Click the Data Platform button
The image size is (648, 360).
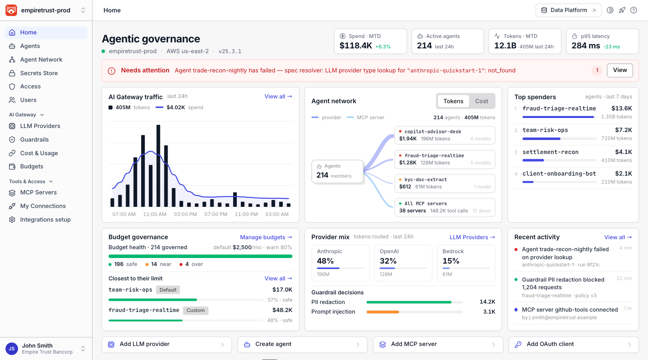pyautogui.click(x=568, y=10)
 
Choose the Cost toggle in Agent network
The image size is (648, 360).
pyautogui.click(x=481, y=101)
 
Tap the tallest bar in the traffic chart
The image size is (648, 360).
pyautogui.click(x=158, y=166)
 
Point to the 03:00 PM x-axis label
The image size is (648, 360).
pyautogui.click(x=185, y=214)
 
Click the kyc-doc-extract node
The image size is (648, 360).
pyautogui.click(x=445, y=183)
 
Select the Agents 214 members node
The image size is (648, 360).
pyautogui.click(x=337, y=171)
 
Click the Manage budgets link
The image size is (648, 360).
pyautogui.click(x=266, y=237)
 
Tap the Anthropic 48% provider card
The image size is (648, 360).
pyautogui.click(x=340, y=263)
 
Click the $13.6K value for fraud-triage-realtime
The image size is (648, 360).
pyautogui.click(x=622, y=108)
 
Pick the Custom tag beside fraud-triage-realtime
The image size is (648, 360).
pyautogui.click(x=196, y=310)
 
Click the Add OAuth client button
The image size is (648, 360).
pyautogui.click(x=573, y=344)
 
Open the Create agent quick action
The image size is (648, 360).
pyautogui.click(x=302, y=344)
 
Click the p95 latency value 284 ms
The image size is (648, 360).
pyautogui.click(x=586, y=46)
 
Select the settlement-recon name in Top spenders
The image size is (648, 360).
pyautogui.click(x=550, y=152)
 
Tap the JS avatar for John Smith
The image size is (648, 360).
pyautogui.click(x=12, y=348)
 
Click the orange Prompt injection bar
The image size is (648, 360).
pyautogui.click(x=382, y=312)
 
